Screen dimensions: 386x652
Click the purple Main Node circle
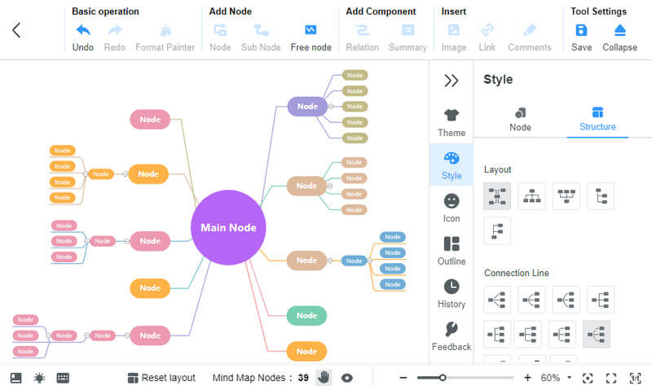coord(228,227)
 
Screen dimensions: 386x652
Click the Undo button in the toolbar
coord(83,36)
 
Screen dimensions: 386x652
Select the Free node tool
coord(311,36)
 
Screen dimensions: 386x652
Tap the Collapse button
coord(619,36)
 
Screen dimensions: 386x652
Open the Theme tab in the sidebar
coord(452,122)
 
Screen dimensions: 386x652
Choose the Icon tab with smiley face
coord(452,207)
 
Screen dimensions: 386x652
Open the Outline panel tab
coord(452,250)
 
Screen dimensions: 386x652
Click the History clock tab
coord(452,293)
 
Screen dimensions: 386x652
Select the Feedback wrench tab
coord(452,336)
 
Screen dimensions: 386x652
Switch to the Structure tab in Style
coord(597,119)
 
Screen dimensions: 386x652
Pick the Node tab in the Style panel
coord(520,119)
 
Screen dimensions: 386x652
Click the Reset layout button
coord(161,378)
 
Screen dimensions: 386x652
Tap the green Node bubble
coord(306,316)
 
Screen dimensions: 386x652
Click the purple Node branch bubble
coord(307,106)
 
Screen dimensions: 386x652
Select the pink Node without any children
coord(150,120)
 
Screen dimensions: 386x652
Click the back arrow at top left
coord(16,30)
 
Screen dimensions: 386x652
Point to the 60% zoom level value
coord(550,378)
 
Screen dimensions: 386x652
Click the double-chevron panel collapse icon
coord(451,81)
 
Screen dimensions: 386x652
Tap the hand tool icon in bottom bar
coord(324,377)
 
